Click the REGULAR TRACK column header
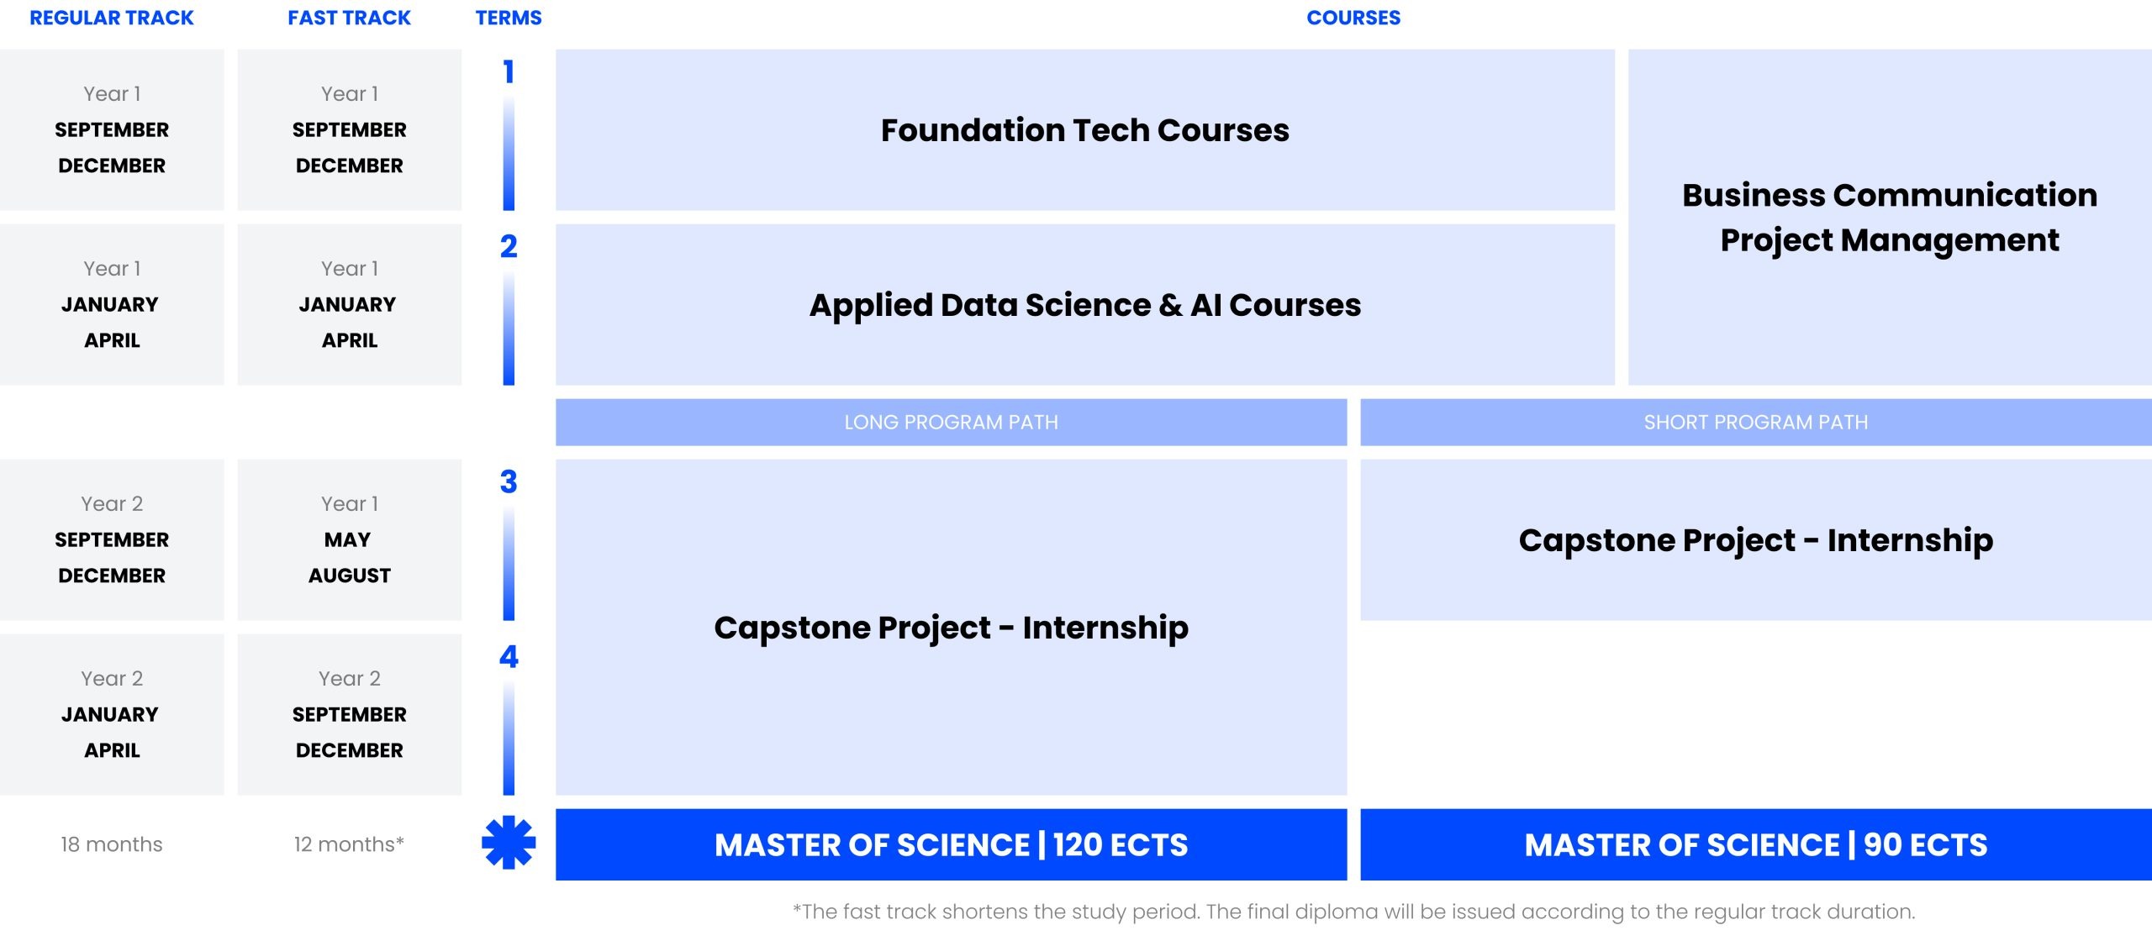pyautogui.click(x=112, y=18)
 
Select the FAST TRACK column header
pyautogui.click(x=349, y=18)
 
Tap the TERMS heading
pyautogui.click(x=509, y=18)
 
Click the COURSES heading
pyautogui.click(x=1353, y=18)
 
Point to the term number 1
pyautogui.click(x=509, y=72)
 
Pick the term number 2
pyautogui.click(x=509, y=246)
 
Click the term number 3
pyautogui.click(x=509, y=481)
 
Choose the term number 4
pyautogui.click(x=509, y=656)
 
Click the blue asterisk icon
pyautogui.click(x=509, y=843)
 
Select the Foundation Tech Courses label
pyautogui.click(x=1085, y=130)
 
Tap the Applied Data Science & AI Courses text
pyautogui.click(x=1085, y=305)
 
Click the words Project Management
pyautogui.click(x=1890, y=241)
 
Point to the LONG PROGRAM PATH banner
pyautogui.click(x=951, y=422)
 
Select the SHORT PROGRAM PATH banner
pyautogui.click(x=1756, y=422)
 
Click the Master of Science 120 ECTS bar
pyautogui.click(x=951, y=844)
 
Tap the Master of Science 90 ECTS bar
pyautogui.click(x=1756, y=844)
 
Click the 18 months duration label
pyautogui.click(x=112, y=844)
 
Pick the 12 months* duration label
pyautogui.click(x=349, y=844)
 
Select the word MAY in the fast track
pyautogui.click(x=348, y=539)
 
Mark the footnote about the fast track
pyautogui.click(x=1353, y=912)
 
